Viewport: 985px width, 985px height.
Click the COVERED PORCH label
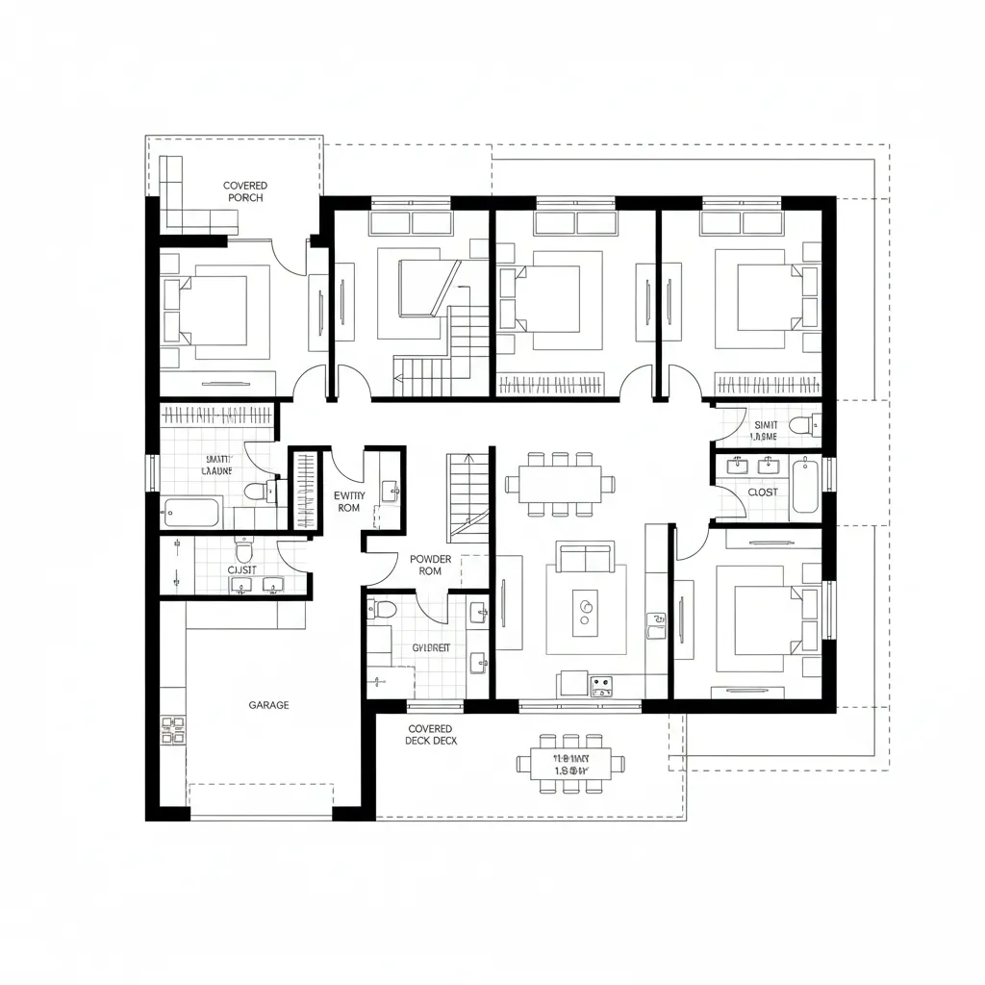245,191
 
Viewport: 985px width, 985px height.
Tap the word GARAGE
268,705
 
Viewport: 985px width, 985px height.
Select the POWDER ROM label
429,565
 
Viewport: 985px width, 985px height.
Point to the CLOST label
762,492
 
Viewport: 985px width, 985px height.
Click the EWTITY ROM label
347,501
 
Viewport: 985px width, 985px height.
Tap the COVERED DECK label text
430,736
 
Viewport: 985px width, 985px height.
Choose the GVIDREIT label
431,648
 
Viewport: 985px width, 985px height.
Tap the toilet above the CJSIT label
243,552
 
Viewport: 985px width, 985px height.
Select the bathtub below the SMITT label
192,512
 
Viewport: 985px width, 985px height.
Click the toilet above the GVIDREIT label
385,608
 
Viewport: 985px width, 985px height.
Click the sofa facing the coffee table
585,557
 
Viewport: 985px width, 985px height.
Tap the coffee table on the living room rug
585,612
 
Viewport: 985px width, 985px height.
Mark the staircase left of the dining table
468,495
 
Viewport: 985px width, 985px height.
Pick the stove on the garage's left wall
173,730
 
